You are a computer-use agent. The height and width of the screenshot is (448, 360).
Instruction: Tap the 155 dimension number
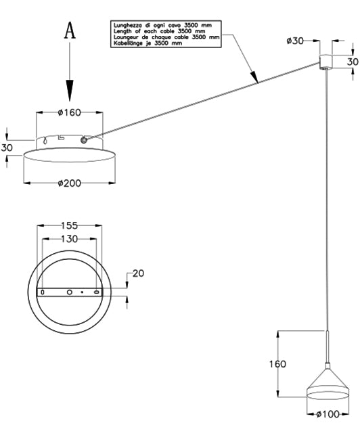pos(69,225)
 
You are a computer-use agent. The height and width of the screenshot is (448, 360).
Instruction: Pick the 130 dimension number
pos(69,238)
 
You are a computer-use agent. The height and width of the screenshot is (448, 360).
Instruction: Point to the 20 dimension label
pos(139,273)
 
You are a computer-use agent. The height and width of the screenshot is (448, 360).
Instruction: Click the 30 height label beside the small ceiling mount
pos(353,62)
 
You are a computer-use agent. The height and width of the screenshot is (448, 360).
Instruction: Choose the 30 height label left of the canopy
pos(7,148)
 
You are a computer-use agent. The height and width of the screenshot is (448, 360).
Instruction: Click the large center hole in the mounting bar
pos(69,292)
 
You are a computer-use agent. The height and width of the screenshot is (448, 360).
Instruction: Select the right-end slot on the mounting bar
pos(97,292)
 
